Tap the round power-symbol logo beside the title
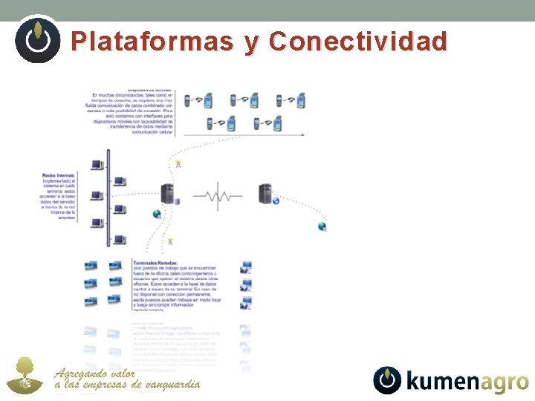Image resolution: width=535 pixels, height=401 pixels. [37, 39]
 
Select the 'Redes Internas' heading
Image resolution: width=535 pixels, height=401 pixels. [59, 175]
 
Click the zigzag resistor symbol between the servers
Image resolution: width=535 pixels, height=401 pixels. [217, 196]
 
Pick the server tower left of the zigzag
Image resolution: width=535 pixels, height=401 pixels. [168, 194]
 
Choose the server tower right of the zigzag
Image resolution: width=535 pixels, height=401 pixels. [265, 194]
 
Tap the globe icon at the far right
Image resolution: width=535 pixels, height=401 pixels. [322, 226]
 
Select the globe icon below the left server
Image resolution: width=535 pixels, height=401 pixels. [157, 215]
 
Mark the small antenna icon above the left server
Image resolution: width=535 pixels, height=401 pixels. [178, 163]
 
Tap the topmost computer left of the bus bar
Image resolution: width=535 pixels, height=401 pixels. [97, 165]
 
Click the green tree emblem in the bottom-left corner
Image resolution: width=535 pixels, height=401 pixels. [25, 375]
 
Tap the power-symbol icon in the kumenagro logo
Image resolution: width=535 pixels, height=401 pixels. [387, 380]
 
